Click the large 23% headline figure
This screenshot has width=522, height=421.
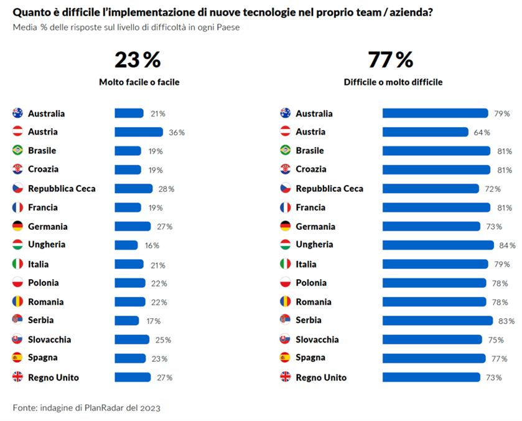(137, 60)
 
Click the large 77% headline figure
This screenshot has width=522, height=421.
(390, 60)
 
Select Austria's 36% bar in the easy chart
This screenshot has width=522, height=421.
(138, 132)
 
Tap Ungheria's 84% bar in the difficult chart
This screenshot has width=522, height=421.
(437, 245)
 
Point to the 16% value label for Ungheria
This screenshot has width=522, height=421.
(152, 245)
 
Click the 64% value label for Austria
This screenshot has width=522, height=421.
(482, 132)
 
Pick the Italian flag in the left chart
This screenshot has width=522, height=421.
(17, 264)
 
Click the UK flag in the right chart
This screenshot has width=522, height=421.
(286, 377)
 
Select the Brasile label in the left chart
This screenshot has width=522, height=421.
(42, 151)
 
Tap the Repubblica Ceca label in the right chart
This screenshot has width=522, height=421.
(329, 189)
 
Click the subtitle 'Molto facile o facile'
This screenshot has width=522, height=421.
(139, 82)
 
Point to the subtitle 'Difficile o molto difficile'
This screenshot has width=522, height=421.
(393, 82)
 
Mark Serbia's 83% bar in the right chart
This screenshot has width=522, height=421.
(437, 321)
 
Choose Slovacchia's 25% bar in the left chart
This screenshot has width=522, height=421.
(132, 339)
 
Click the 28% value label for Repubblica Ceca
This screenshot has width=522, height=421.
(166, 189)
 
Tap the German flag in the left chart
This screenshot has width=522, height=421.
(17, 226)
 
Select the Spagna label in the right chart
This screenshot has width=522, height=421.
(310, 358)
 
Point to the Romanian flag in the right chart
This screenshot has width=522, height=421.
(286, 302)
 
